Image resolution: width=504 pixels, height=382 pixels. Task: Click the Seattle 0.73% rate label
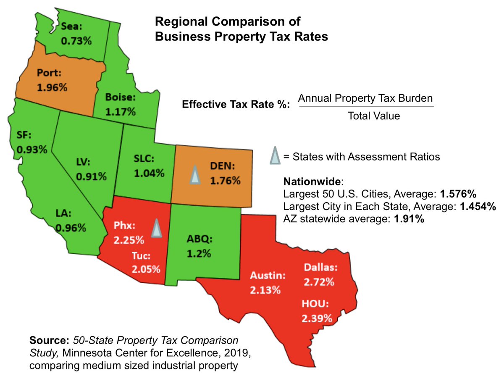click(x=76, y=34)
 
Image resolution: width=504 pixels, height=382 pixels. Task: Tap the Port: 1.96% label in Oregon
click(x=52, y=80)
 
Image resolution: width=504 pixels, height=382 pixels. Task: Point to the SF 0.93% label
click(x=31, y=142)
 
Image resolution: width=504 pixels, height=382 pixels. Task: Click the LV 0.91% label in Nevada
click(x=91, y=169)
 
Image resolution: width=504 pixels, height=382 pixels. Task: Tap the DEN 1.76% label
click(x=225, y=174)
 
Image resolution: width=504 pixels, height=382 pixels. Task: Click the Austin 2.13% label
click(x=268, y=283)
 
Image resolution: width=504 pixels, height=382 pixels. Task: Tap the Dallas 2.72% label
click(x=320, y=274)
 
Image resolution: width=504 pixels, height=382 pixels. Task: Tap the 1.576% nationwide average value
click(x=458, y=195)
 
